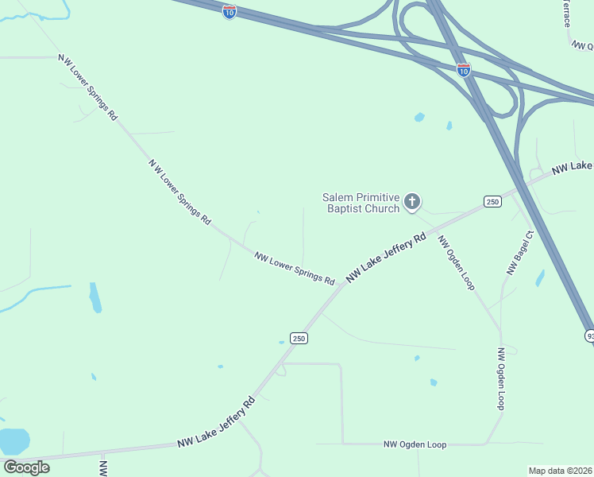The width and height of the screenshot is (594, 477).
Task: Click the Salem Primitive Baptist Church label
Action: pos(361,203)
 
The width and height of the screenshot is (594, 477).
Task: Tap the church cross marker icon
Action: pos(411,202)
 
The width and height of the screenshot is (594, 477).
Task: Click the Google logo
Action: pos(26,467)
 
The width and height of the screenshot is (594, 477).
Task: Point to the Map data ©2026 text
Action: pos(561,471)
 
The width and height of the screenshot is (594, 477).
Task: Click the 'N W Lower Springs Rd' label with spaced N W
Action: pos(179,191)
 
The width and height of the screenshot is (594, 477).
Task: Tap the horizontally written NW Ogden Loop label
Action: pos(415,444)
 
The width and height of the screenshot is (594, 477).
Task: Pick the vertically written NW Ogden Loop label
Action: pos(501,379)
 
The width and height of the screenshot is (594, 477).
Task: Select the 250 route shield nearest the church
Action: pos(492,202)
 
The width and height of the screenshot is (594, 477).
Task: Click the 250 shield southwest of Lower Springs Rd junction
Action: pos(298,338)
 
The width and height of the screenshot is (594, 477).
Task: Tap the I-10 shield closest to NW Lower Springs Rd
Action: pos(229,14)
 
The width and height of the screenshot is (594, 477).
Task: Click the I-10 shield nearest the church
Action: pos(464,70)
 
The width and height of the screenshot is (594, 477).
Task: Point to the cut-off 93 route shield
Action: pos(590,336)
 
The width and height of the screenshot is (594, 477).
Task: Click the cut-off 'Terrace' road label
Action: pos(567,13)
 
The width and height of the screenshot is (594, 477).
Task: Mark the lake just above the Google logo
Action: pos(14,440)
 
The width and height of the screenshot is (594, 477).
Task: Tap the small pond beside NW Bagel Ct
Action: pos(540,278)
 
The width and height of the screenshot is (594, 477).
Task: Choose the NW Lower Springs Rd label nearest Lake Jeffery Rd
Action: pos(294,268)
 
